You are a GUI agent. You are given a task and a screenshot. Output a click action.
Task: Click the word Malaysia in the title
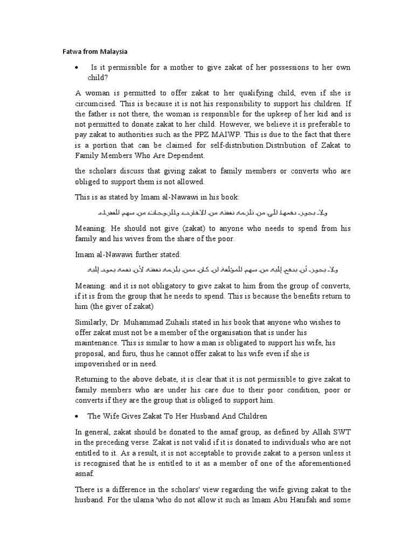(112, 52)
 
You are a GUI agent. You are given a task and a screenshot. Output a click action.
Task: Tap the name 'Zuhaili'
(182, 322)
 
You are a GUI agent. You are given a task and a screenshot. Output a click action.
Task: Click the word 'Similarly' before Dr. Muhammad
(93, 322)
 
